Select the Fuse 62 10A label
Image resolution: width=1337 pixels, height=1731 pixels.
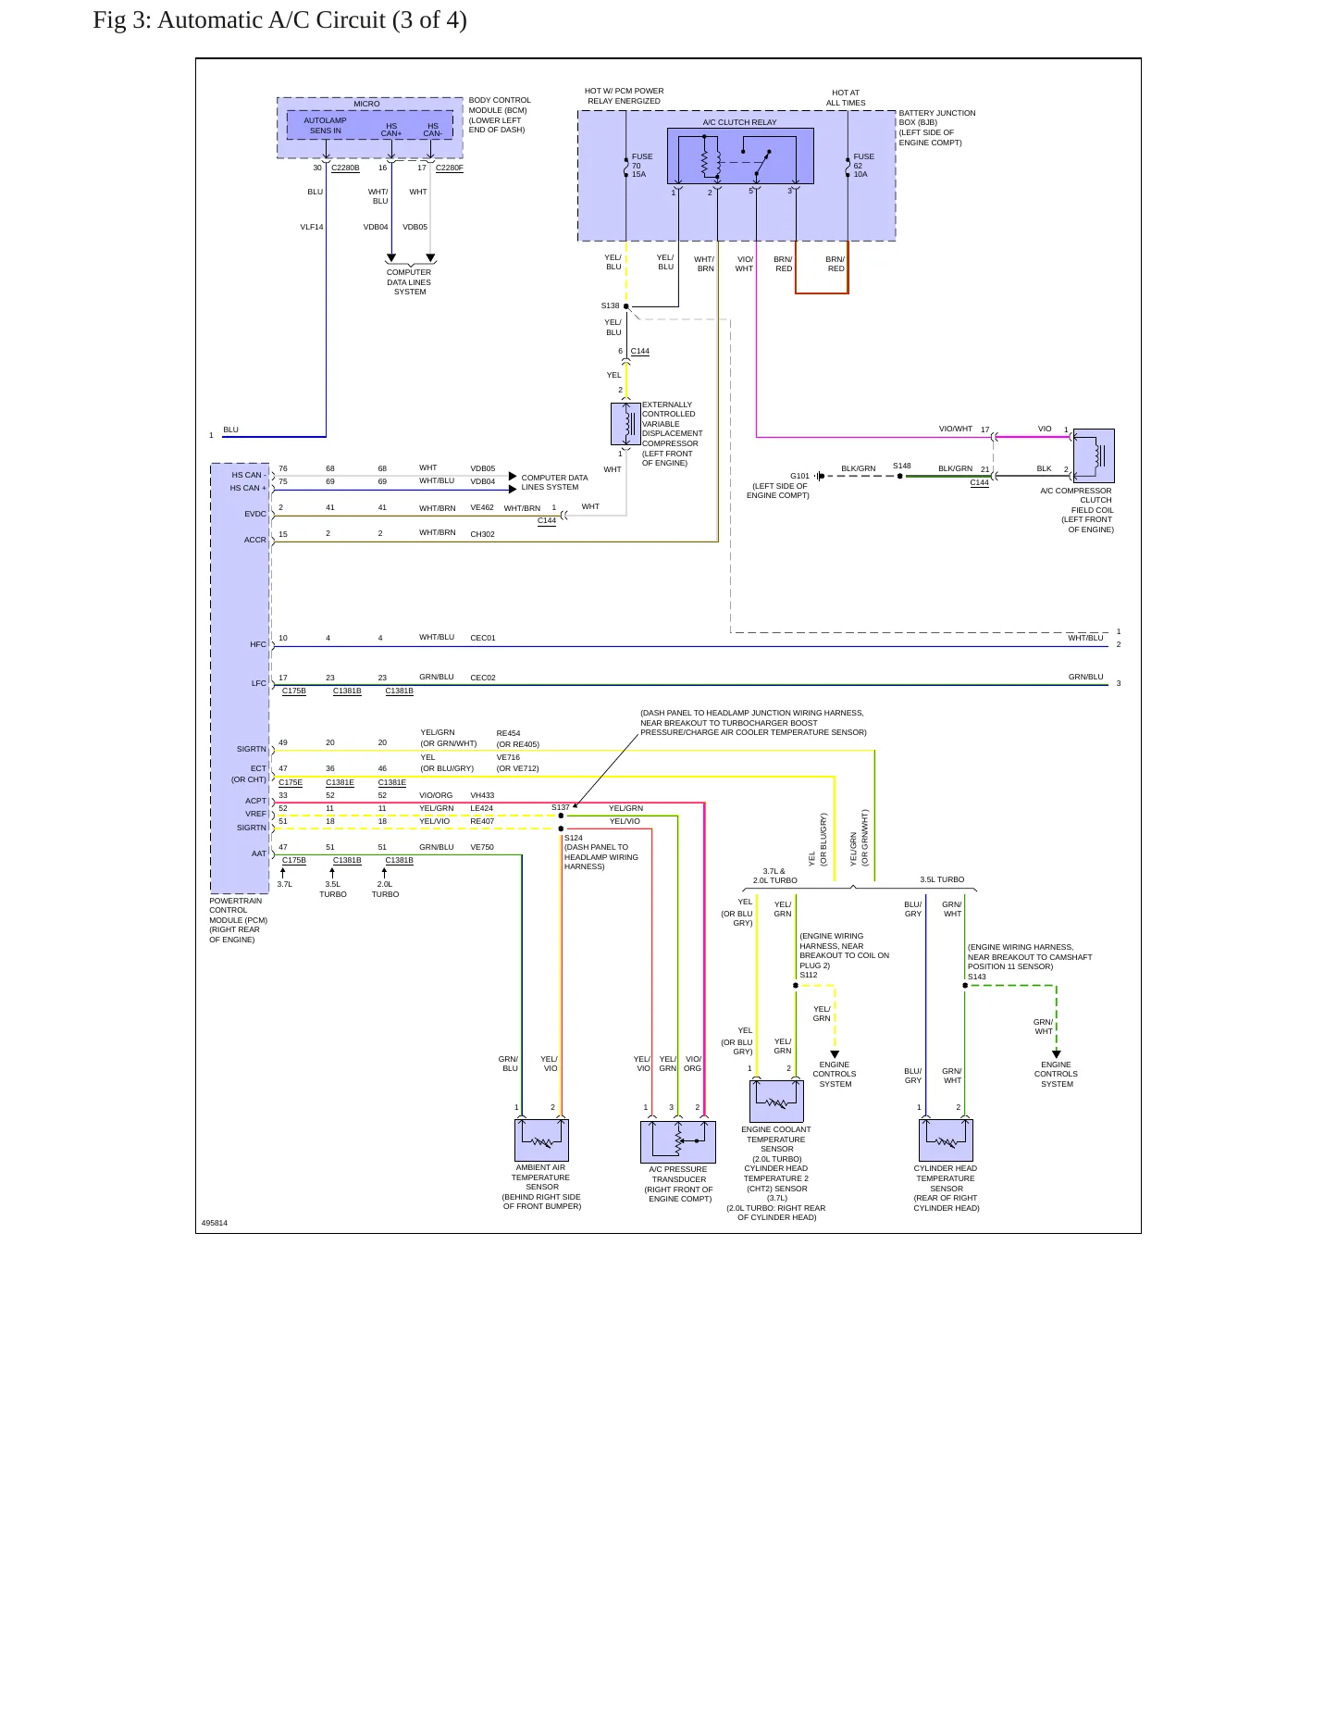pyautogui.click(x=863, y=166)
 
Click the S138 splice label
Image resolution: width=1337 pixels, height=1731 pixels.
pyautogui.click(x=610, y=305)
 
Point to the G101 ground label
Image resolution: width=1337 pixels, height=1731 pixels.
pyautogui.click(x=799, y=476)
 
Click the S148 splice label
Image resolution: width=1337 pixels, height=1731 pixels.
pyautogui.click(x=902, y=466)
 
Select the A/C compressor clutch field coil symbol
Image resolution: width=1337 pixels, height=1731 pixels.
pyautogui.click(x=1094, y=455)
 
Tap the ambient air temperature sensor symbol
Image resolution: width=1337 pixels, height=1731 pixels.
pyautogui.click(x=541, y=1139)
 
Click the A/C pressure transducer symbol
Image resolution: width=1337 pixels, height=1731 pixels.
pyautogui.click(x=678, y=1141)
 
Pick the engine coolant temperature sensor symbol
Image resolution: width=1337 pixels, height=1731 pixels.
pyautogui.click(x=776, y=1101)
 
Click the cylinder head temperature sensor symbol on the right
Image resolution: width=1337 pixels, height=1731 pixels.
pyautogui.click(x=946, y=1139)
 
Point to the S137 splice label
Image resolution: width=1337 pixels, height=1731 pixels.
pyautogui.click(x=561, y=807)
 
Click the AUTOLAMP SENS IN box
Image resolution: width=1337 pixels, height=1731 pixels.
pyautogui.click(x=325, y=125)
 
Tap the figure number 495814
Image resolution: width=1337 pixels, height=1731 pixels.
pyautogui.click(x=215, y=1223)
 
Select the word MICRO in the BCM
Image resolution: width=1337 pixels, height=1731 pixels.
pyautogui.click(x=366, y=104)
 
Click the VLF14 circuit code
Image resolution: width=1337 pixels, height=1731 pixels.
pyautogui.click(x=312, y=227)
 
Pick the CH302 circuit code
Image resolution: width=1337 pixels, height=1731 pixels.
pyautogui.click(x=482, y=534)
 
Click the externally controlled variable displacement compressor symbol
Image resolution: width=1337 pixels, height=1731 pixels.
pyautogui.click(x=626, y=424)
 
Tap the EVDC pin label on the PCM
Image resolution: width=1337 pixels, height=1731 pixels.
pyautogui.click(x=255, y=514)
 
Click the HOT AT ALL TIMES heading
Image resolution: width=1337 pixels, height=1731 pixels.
pyautogui.click(x=846, y=98)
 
